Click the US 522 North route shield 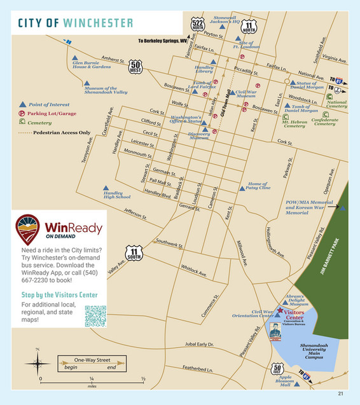coord(198,25)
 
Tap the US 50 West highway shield coord(135,67)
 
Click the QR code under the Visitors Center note coord(95,316)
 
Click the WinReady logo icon coord(28,227)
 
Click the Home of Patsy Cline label coord(258,186)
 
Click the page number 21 coord(341,393)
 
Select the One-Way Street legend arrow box coord(90,364)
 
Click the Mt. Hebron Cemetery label coord(294,123)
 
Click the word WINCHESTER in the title coord(98,24)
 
